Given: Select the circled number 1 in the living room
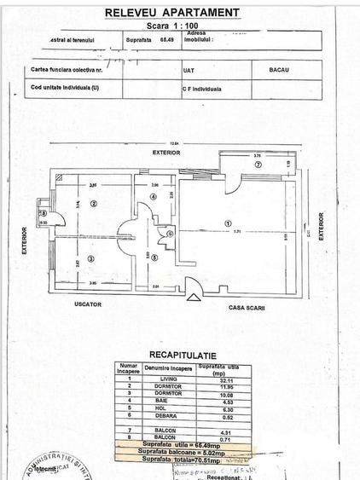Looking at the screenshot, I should coord(228,223).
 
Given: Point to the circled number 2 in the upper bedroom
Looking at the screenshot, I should coord(95,202).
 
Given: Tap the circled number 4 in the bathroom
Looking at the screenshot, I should coord(154,197).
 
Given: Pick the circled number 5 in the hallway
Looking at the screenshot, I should coord(154,258).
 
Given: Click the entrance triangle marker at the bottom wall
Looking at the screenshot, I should coord(192,297).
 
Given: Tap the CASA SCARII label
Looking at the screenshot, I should coord(246,307).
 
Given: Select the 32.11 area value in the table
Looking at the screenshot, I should coord(222,379).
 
